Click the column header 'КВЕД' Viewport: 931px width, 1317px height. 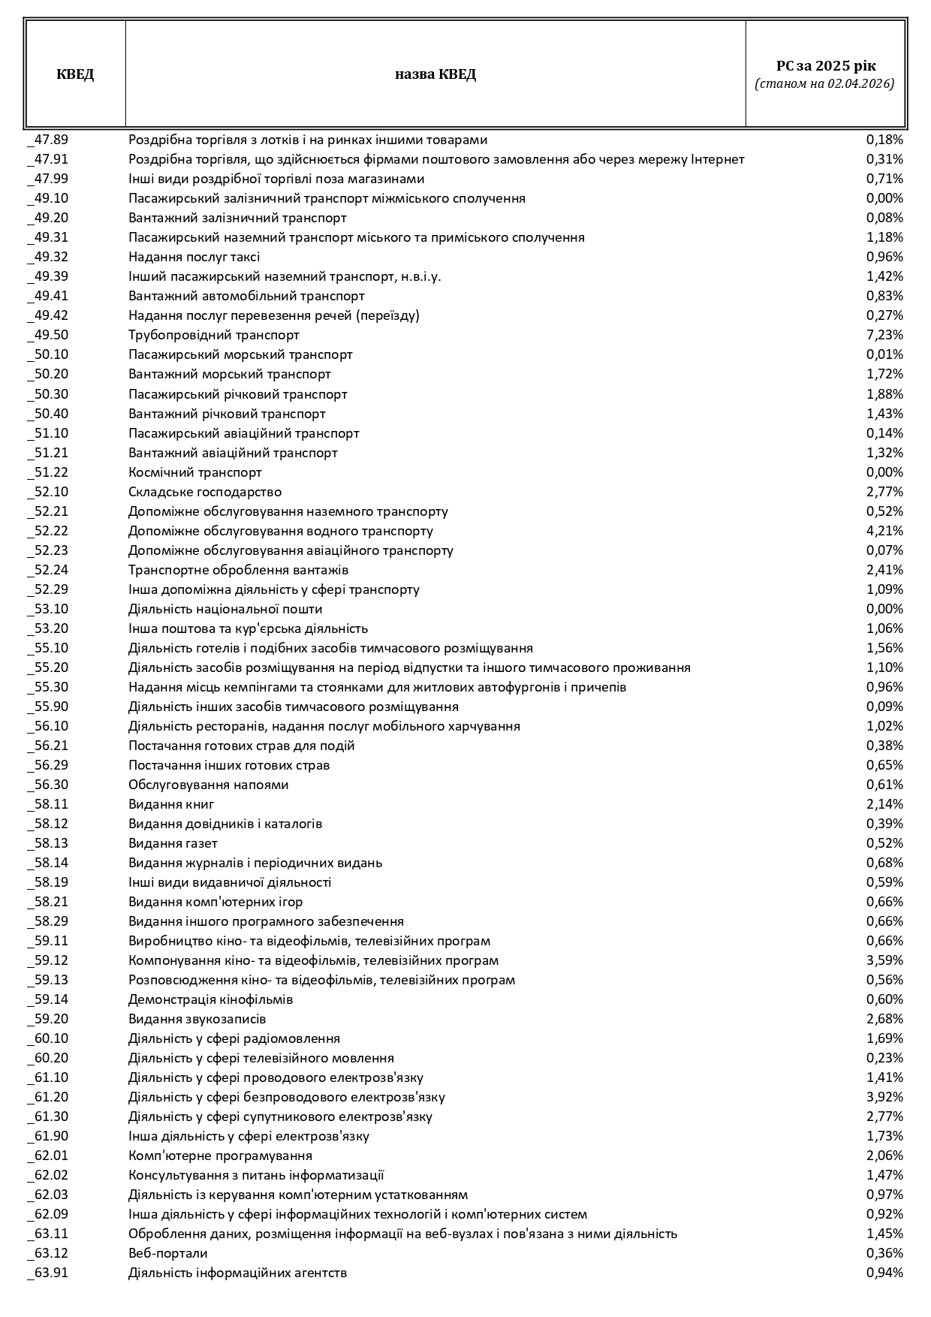point(75,74)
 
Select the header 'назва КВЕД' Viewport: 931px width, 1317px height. point(435,74)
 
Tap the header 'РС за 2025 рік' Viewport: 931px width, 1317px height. point(825,66)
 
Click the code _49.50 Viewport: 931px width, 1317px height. point(48,335)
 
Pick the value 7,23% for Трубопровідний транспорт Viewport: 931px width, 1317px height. point(884,335)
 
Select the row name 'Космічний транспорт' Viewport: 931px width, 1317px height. point(195,472)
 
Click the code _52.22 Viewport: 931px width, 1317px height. point(48,531)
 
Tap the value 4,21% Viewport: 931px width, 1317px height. point(884,531)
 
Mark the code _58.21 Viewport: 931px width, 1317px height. point(48,902)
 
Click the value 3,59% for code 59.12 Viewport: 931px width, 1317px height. point(884,960)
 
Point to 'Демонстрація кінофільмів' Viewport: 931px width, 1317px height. point(210,999)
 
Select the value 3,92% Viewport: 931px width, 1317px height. point(884,1097)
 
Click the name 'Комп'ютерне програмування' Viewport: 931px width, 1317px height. point(220,1156)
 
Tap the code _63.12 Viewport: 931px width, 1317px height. point(48,1253)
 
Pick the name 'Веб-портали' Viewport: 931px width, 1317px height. point(168,1253)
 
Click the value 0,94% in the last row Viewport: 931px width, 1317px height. point(884,1273)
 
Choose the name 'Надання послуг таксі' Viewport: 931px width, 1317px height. point(194,257)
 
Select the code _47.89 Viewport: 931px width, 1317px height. point(48,140)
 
